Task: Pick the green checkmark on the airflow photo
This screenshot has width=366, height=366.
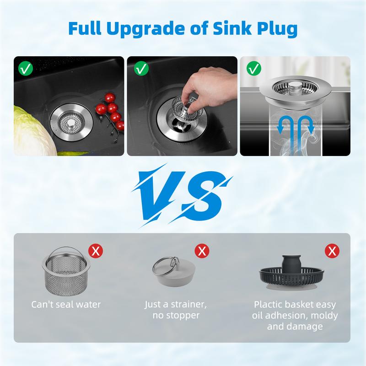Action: tap(252, 70)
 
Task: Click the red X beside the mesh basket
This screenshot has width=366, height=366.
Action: tap(96, 251)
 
